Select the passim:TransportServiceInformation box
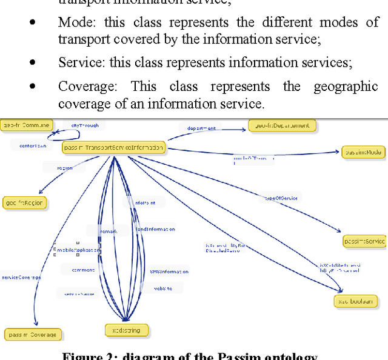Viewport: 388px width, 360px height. [x=114, y=147]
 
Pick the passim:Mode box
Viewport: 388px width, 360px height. [x=363, y=152]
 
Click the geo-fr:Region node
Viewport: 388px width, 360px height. [x=24, y=202]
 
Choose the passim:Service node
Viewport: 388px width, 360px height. [x=364, y=241]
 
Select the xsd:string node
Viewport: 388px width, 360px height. [x=126, y=331]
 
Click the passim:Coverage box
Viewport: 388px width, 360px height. [x=33, y=334]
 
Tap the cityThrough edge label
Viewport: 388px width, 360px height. [x=85, y=125]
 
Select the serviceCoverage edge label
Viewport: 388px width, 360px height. [x=21, y=277]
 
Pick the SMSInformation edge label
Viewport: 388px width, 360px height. [x=169, y=272]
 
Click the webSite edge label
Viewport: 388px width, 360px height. [x=162, y=288]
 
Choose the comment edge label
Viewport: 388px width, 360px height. [x=83, y=270]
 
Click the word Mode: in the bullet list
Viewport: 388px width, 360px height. [x=78, y=22]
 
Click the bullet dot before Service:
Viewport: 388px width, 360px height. [x=32, y=62]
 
